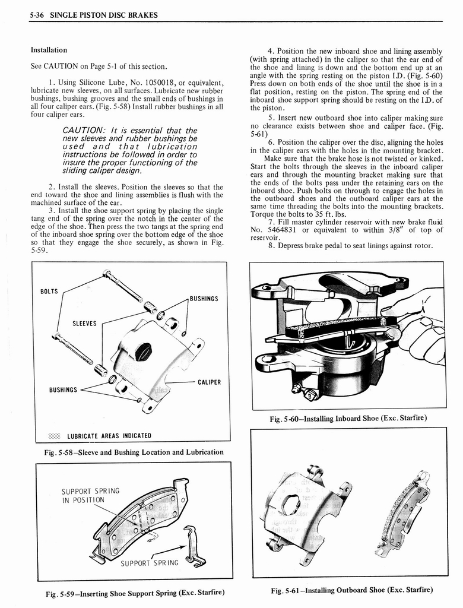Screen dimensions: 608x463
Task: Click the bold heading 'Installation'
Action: [49, 50]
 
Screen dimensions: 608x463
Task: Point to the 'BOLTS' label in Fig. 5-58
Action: [49, 292]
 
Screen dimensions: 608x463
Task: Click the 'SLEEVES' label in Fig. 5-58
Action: [84, 324]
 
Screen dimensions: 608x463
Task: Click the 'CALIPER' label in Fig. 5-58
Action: [209, 382]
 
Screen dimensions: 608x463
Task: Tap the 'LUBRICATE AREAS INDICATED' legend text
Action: [109, 436]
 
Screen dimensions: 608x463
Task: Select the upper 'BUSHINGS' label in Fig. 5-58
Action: [204, 299]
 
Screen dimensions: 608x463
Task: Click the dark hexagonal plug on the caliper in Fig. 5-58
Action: [143, 351]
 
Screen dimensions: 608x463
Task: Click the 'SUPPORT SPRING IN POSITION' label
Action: [90, 495]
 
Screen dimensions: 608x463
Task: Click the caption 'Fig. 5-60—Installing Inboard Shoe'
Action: [348, 418]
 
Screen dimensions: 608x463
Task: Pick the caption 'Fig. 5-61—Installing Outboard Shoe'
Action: [351, 590]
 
